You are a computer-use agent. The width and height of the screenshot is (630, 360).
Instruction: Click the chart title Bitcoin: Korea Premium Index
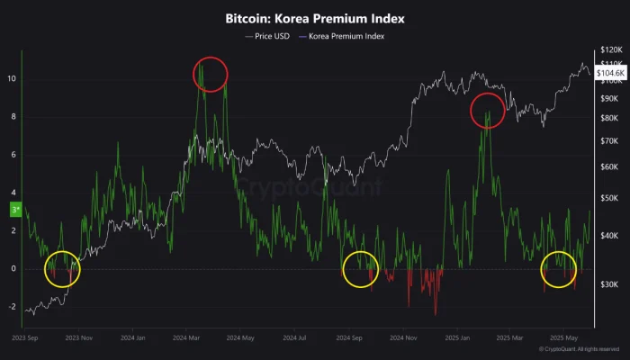[x=314, y=17]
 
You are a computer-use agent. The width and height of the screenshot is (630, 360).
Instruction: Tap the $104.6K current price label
[x=608, y=73]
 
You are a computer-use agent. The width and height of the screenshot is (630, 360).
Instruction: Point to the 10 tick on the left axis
[x=12, y=79]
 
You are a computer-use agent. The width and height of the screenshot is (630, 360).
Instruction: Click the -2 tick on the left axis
[x=12, y=307]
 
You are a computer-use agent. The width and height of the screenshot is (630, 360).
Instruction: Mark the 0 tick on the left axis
[x=13, y=269]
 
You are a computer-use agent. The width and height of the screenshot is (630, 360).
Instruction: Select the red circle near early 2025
[x=488, y=110]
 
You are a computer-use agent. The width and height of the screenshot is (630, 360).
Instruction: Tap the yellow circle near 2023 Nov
[x=63, y=268]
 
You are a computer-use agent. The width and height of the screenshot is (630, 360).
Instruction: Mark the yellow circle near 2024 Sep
[x=361, y=269]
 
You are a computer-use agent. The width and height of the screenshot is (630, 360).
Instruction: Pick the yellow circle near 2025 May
[x=560, y=269]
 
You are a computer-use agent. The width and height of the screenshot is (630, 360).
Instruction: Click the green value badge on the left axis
[x=13, y=211]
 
